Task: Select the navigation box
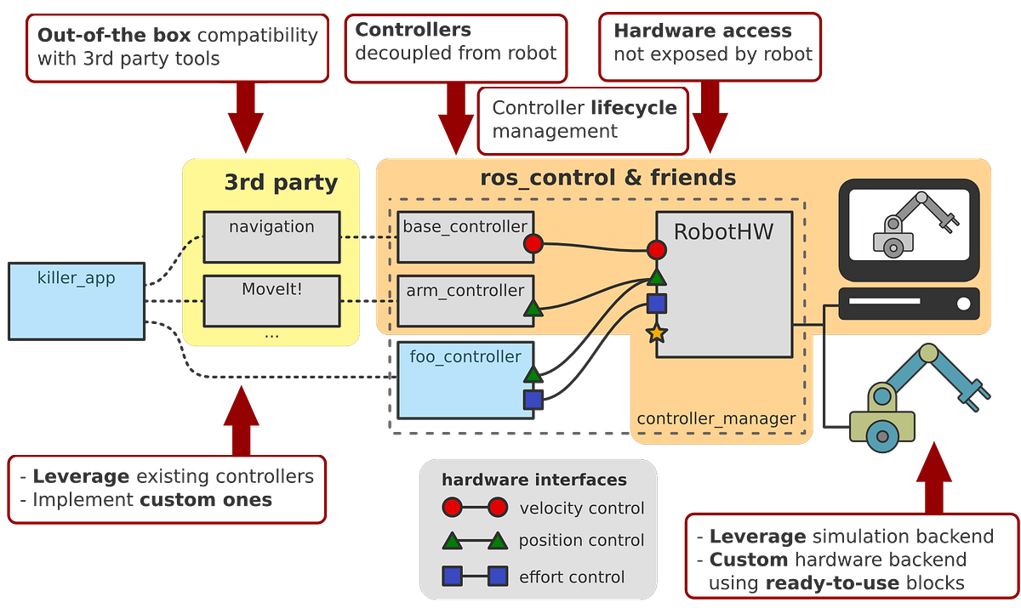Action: (271, 236)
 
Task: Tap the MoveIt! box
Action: (271, 299)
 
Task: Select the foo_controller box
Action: (465, 379)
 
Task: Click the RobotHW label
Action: (723, 231)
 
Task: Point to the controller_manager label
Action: (716, 418)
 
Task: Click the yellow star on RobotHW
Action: (656, 333)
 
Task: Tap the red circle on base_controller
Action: (533, 245)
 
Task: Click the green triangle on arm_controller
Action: (533, 308)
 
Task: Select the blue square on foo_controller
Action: (533, 399)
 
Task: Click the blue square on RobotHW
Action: (656, 304)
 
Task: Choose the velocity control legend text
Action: (582, 509)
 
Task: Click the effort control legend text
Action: (572, 577)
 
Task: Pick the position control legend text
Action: (582, 541)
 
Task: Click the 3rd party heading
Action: (281, 182)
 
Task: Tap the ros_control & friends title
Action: (607, 178)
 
